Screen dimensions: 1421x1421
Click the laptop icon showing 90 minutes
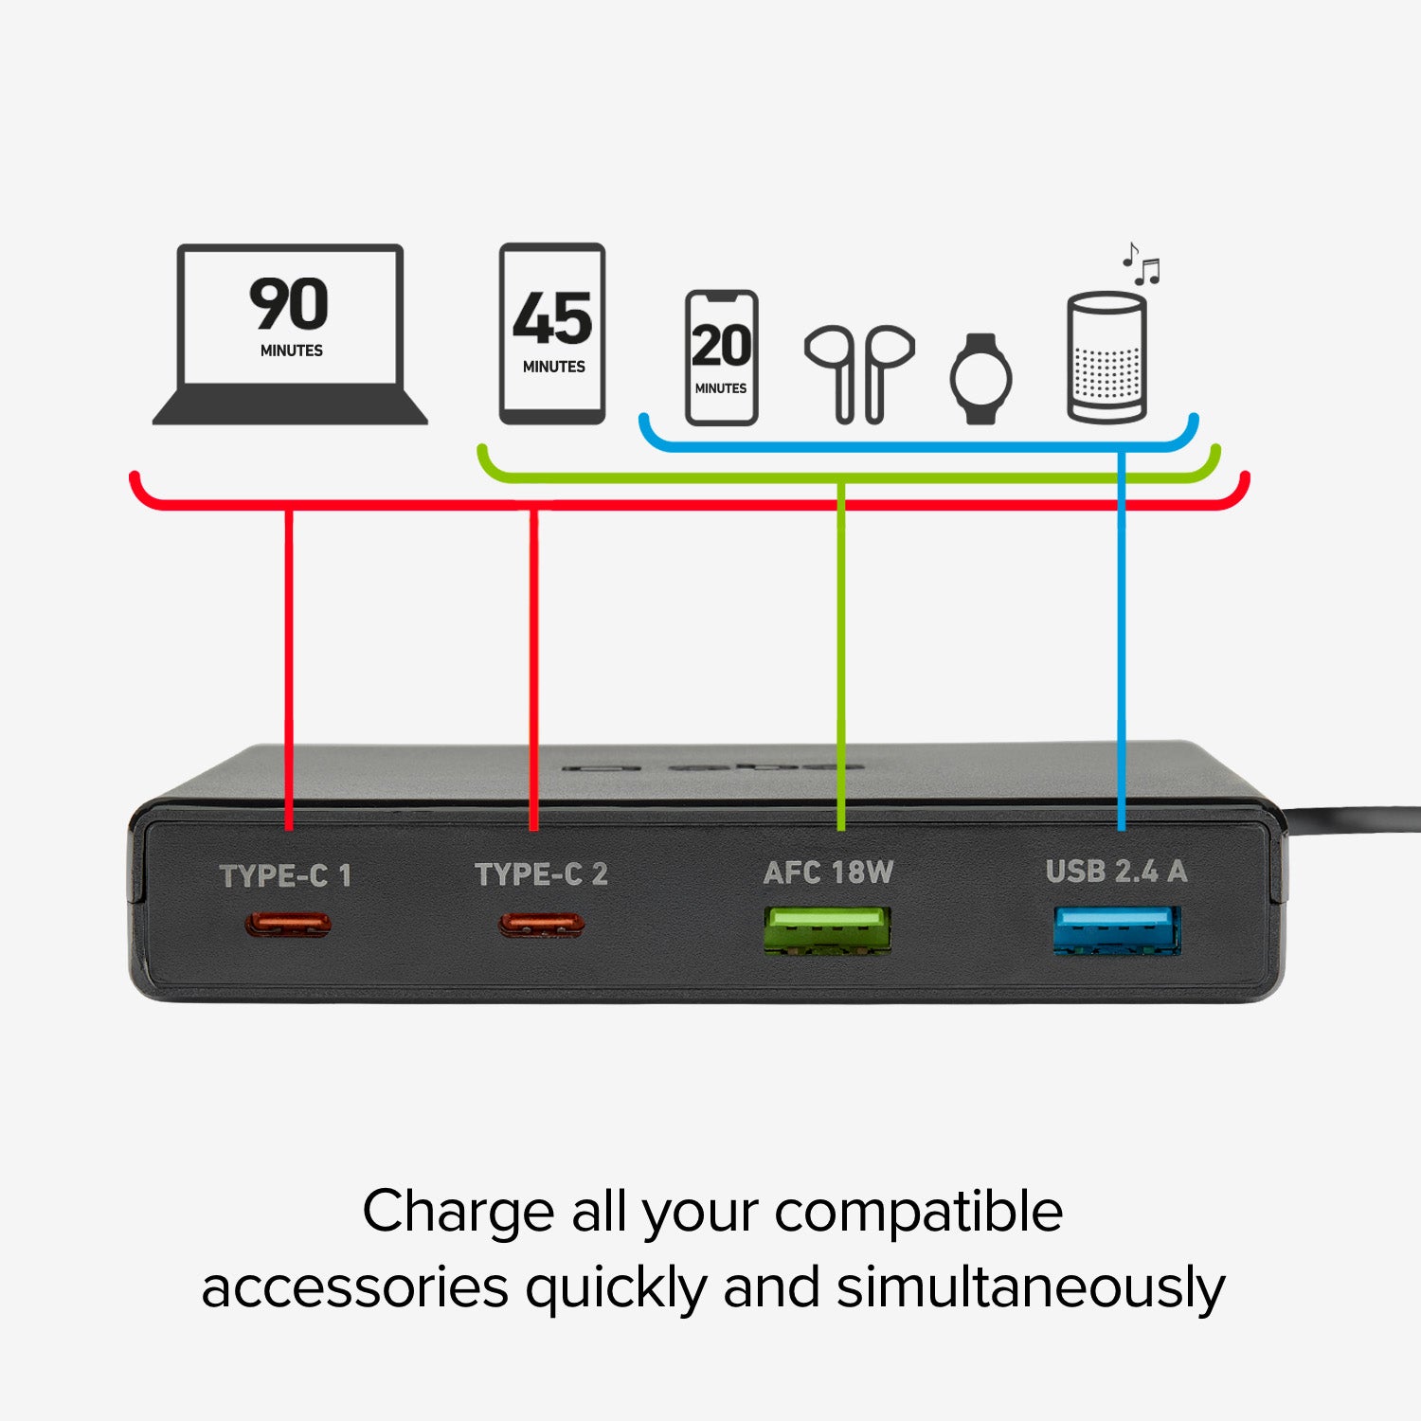(x=290, y=334)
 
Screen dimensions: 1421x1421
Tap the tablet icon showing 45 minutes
(x=552, y=333)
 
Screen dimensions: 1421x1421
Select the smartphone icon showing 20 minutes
(x=721, y=357)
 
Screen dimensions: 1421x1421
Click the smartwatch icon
(x=980, y=378)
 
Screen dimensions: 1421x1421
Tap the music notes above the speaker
(x=1141, y=264)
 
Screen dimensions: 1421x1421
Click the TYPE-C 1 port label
(x=285, y=875)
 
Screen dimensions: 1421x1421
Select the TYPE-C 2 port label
(x=541, y=873)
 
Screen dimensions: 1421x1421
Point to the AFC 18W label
(x=828, y=872)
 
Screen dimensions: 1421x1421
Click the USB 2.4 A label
(x=1116, y=871)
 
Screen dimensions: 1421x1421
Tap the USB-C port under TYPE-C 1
(x=288, y=924)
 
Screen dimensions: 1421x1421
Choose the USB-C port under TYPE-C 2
(x=542, y=924)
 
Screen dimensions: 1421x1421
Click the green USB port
(x=828, y=930)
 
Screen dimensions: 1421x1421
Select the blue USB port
(x=1117, y=929)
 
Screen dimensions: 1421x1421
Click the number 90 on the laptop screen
(x=289, y=304)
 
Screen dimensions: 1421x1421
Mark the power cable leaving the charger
(x=1352, y=820)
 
